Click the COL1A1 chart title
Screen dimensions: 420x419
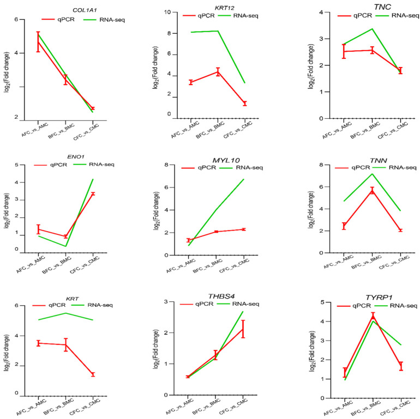click(x=85, y=10)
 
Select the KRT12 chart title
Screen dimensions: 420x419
click(x=225, y=8)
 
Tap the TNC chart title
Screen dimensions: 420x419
click(x=382, y=7)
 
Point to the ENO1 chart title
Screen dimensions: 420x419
click(x=76, y=157)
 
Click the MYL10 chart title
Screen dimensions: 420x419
click(x=226, y=160)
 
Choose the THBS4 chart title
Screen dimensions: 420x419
click(x=221, y=296)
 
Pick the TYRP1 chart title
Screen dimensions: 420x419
click(x=379, y=297)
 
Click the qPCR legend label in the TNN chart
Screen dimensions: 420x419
click(x=361, y=167)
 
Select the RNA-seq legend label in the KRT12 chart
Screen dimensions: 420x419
click(x=245, y=15)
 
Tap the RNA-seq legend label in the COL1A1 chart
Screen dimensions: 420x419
click(x=112, y=20)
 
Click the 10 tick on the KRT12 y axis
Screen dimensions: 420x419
click(x=168, y=12)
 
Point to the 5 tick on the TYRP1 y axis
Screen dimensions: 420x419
click(x=322, y=302)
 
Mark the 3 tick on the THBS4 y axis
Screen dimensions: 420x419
click(x=166, y=302)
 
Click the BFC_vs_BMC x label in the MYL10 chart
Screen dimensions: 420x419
click(x=207, y=266)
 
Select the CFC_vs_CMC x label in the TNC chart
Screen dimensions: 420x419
click(x=393, y=130)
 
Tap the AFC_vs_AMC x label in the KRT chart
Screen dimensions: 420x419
click(x=31, y=407)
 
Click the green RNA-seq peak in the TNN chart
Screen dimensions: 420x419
click(x=372, y=174)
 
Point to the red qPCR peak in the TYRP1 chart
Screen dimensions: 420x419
click(x=373, y=316)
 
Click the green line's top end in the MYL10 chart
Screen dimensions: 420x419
click(x=243, y=179)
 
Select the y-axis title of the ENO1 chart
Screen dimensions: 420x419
click(x=7, y=211)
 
